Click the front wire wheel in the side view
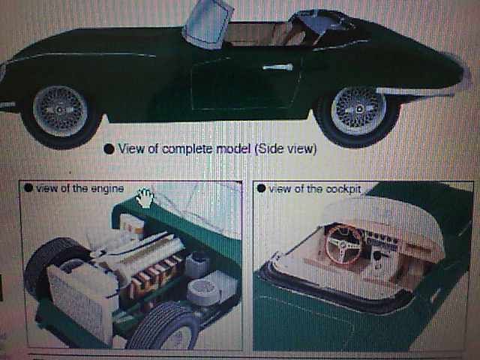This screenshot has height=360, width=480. tap(60, 110)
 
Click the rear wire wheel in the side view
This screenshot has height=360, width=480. tap(358, 110)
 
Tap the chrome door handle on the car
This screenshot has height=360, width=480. tap(277, 67)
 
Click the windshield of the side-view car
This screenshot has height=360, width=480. tap(208, 24)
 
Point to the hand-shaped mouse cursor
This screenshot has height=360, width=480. tap(145, 198)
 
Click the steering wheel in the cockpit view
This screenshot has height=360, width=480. tap(343, 244)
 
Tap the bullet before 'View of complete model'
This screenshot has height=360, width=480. tap(109, 149)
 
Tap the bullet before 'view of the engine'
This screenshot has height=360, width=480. tap(28, 187)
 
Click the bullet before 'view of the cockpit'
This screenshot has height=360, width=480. tap(261, 188)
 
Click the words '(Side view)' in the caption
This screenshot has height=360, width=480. tap(286, 148)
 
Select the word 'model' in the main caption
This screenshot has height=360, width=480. tap(233, 148)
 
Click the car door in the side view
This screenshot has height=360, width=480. tap(245, 81)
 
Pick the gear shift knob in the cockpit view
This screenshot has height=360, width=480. tap(378, 255)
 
